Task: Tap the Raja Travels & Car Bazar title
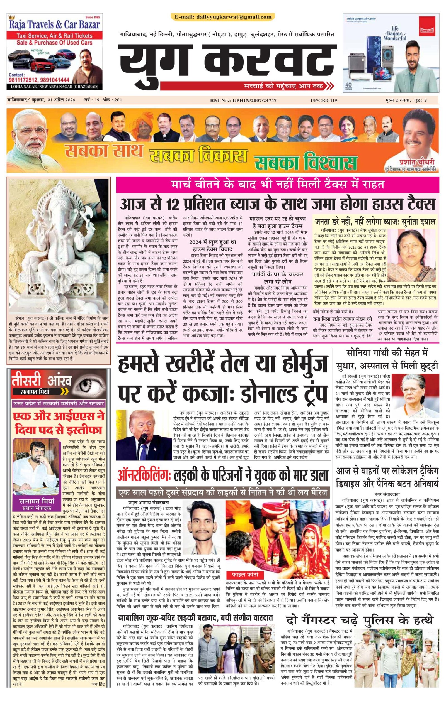click(x=55, y=24)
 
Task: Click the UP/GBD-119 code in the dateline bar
click(x=324, y=101)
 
